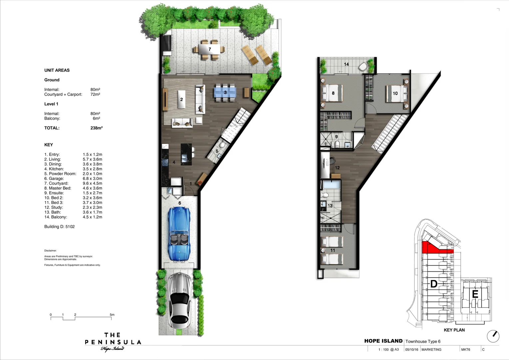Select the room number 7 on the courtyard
click(210, 49)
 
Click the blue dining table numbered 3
click(225, 92)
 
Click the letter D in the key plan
click(434, 284)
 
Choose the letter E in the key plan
click(475, 294)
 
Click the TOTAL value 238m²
click(96, 128)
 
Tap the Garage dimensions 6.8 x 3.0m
click(92, 179)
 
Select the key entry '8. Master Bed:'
click(58, 188)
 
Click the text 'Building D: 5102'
click(59, 227)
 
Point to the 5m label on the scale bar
click(112, 315)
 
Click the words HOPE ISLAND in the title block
click(383, 341)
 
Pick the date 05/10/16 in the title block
click(411, 350)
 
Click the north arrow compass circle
click(493, 336)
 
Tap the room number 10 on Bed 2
click(395, 93)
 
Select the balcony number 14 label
click(346, 64)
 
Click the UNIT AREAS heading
click(57, 70)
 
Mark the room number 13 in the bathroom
click(330, 206)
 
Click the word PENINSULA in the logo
click(113, 342)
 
